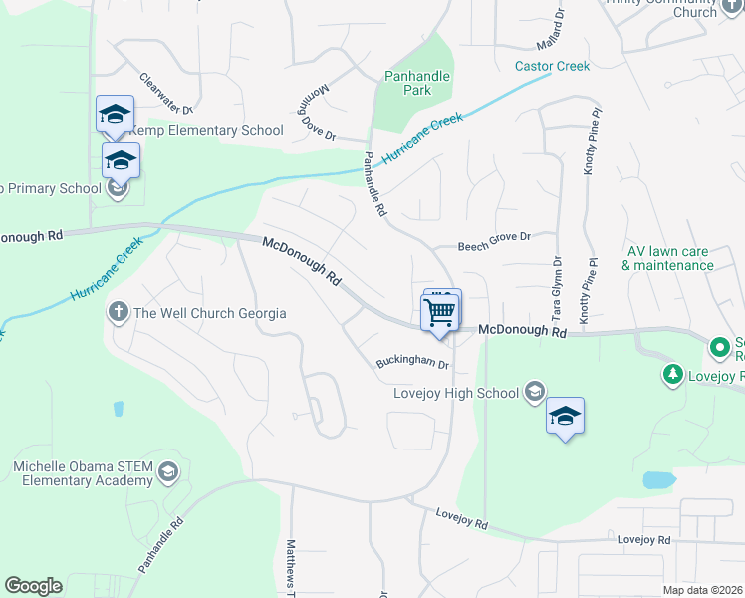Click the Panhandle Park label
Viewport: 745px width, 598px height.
click(417, 83)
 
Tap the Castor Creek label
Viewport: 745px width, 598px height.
click(552, 67)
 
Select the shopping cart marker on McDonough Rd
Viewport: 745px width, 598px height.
click(440, 313)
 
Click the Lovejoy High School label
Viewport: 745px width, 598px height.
click(456, 393)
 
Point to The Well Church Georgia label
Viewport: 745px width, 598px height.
click(210, 313)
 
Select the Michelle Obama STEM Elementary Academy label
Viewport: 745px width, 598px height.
click(82, 473)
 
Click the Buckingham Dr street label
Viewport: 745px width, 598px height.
click(412, 364)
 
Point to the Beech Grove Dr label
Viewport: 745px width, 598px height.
click(494, 243)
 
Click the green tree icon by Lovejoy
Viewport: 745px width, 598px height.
click(673, 375)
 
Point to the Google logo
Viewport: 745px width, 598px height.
click(33, 586)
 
